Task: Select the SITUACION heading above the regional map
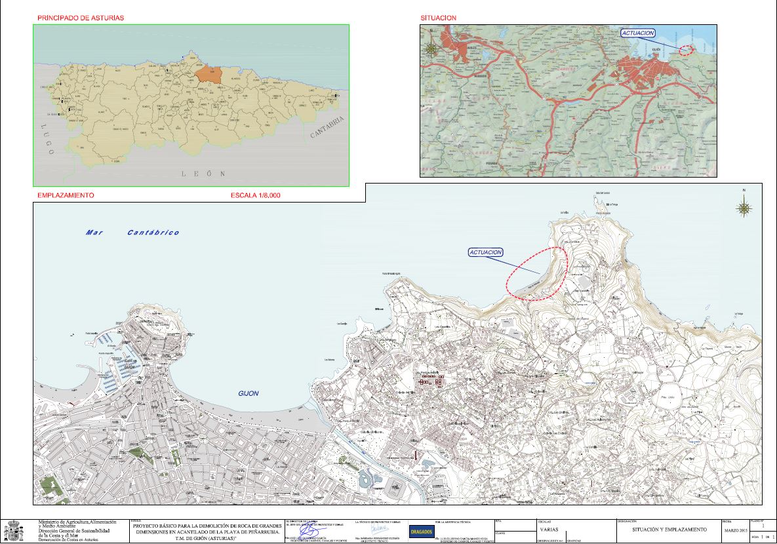(x=439, y=18)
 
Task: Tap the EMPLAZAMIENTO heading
(x=66, y=195)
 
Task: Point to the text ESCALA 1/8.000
(x=256, y=195)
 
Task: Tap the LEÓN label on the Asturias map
(x=203, y=174)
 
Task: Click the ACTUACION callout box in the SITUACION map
(x=638, y=33)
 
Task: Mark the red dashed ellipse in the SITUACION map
(x=685, y=50)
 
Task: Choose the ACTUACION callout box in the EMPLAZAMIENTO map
(x=486, y=252)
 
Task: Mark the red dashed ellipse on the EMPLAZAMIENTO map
(x=536, y=273)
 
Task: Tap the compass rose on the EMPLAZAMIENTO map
(x=744, y=208)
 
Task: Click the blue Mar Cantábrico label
(x=132, y=233)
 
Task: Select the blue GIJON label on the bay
(x=249, y=393)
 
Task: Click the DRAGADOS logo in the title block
(x=421, y=531)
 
